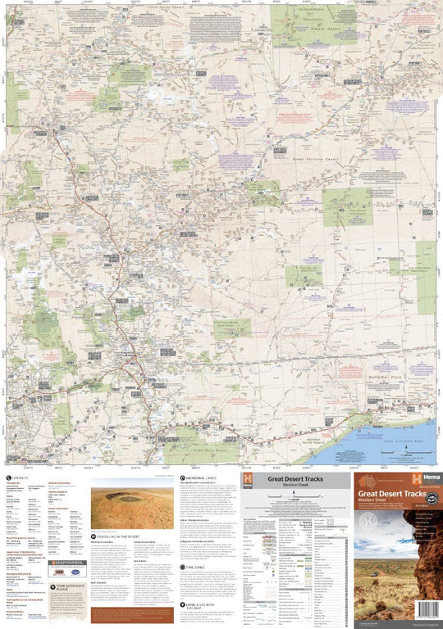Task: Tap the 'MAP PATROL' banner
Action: (x=67, y=562)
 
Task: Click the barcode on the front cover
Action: (x=427, y=609)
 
